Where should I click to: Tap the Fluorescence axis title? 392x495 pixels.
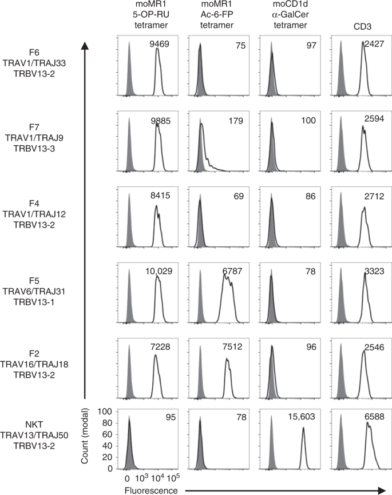(146, 490)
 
